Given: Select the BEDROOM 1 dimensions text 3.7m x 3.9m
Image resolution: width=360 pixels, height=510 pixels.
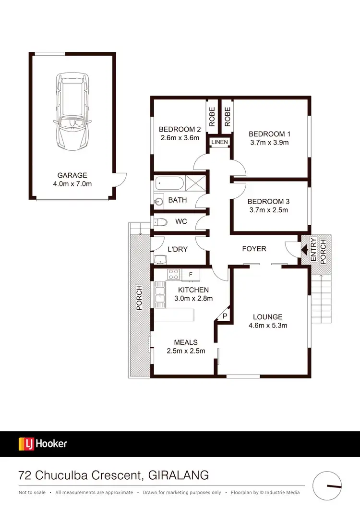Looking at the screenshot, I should point(269,143).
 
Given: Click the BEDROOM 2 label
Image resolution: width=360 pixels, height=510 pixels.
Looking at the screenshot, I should point(180,129).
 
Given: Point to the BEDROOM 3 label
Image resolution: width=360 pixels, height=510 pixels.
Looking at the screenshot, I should point(269,202).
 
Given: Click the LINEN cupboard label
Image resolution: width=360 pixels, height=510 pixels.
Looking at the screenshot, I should point(219,142).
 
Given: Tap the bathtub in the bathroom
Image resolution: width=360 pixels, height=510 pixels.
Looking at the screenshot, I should point(169,184).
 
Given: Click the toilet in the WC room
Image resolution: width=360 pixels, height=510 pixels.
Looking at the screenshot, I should point(161,222).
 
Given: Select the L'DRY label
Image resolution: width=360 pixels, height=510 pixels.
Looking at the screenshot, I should point(177,249).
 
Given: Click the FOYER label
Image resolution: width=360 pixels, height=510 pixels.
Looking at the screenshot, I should point(254,249).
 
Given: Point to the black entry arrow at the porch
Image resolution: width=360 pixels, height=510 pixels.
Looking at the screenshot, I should point(304,249).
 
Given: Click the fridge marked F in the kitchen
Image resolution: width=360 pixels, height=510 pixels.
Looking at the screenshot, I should point(191,275).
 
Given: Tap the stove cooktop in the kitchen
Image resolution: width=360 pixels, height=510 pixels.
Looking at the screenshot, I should point(173,275).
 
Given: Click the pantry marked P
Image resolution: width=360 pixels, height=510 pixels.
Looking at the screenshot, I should point(224,316).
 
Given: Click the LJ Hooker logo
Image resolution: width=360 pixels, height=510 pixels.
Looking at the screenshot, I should point(43,444).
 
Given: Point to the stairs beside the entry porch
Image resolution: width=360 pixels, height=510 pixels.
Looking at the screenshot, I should point(322,298).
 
